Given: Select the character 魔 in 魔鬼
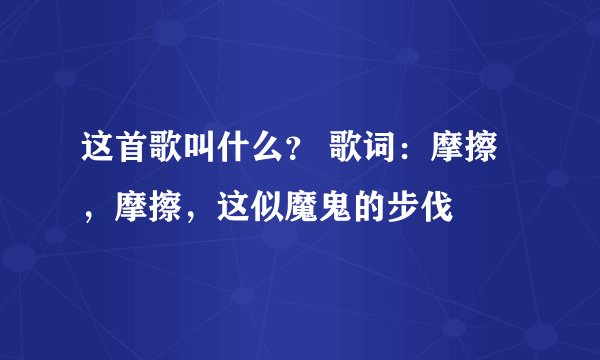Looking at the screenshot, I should point(304,206).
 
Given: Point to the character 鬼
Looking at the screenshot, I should point(339,206).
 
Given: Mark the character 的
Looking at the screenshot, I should point(373,206).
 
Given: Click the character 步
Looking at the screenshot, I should point(408,206).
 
